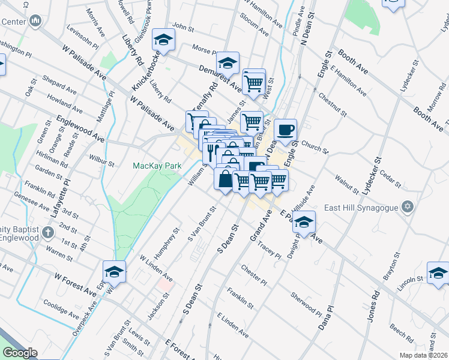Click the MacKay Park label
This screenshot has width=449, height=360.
(x=158, y=165)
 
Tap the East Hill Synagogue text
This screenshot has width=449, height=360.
(x=362, y=208)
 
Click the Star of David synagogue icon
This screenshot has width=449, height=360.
(x=408, y=207)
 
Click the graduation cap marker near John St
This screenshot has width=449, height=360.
(x=161, y=40)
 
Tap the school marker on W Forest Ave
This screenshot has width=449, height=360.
(x=114, y=271)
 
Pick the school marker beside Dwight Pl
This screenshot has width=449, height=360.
(x=304, y=221)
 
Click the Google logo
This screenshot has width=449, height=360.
(x=20, y=353)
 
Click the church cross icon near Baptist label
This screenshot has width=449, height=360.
(x=48, y=232)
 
